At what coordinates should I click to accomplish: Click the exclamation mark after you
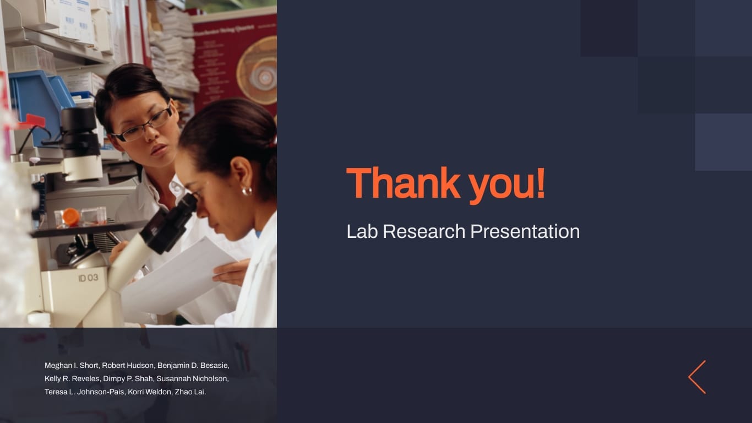click(x=540, y=183)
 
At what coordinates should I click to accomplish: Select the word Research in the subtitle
click(x=424, y=231)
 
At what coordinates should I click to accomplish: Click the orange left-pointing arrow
click(x=697, y=377)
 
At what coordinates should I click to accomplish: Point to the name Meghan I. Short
click(x=72, y=366)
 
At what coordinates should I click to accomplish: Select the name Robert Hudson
click(x=128, y=366)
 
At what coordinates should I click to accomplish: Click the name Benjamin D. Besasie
click(x=193, y=366)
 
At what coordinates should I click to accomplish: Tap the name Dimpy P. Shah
click(x=128, y=379)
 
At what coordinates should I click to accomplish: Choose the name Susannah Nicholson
click(x=192, y=379)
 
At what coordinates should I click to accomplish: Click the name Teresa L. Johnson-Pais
click(x=84, y=392)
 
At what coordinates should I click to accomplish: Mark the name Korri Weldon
click(x=150, y=392)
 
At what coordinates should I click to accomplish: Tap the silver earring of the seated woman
click(x=247, y=191)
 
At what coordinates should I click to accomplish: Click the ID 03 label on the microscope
click(x=88, y=278)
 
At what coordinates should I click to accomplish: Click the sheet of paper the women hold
click(x=176, y=275)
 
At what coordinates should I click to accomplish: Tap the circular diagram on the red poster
click(x=257, y=70)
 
